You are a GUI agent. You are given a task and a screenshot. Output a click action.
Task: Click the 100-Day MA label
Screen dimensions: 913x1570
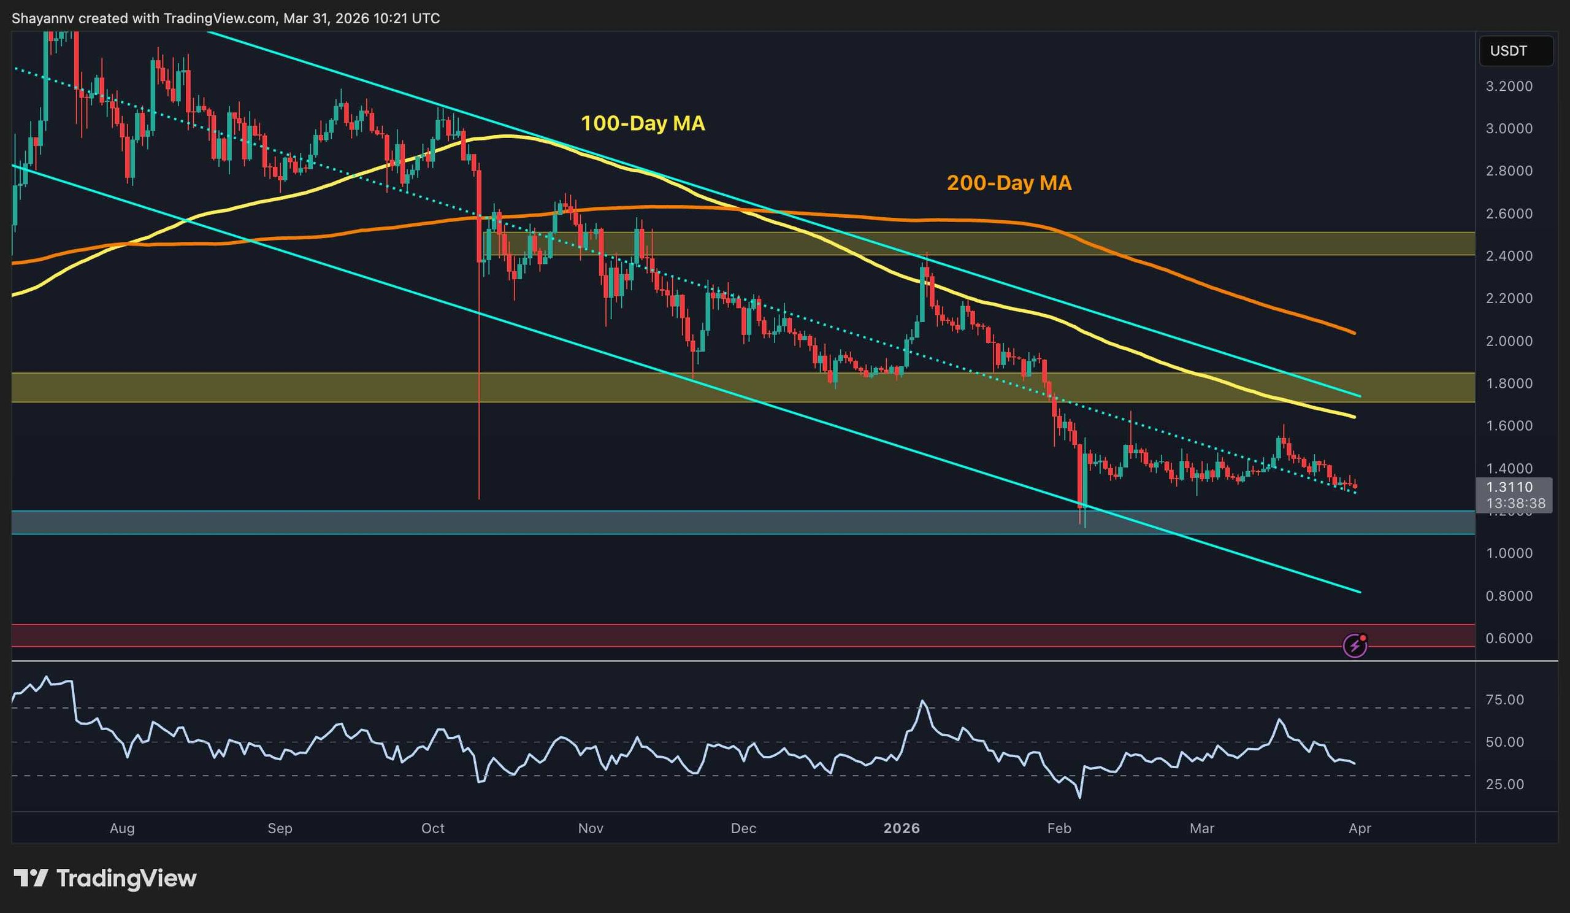coord(642,123)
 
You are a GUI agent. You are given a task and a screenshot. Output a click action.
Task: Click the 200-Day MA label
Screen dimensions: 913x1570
coord(1009,183)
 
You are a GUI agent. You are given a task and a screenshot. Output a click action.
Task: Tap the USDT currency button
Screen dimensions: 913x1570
coord(1507,51)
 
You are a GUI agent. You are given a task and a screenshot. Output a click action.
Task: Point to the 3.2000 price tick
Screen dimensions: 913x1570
coord(1508,87)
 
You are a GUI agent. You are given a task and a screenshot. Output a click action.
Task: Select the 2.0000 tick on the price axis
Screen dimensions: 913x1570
coord(1508,341)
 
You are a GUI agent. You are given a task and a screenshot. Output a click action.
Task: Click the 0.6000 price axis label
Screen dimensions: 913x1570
coord(1508,638)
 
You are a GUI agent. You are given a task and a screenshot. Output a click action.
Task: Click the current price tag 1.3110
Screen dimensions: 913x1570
coord(1509,487)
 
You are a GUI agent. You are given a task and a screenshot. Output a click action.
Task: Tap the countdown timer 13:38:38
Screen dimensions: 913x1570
coord(1515,503)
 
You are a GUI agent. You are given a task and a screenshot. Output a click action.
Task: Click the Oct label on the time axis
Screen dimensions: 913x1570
coord(432,828)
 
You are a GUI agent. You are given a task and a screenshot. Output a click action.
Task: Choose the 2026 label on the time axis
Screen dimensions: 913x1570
coord(902,828)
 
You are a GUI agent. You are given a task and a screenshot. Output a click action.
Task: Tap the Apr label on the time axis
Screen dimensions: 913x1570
coord(1360,828)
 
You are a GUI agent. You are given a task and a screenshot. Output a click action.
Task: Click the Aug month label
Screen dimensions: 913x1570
coord(122,828)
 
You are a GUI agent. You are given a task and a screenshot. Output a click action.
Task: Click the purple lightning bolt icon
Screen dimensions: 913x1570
coord(1355,645)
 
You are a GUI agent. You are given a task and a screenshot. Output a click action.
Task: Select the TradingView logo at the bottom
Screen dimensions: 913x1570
coord(105,878)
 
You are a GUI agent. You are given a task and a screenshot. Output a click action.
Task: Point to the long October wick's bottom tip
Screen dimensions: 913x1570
coord(478,499)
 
